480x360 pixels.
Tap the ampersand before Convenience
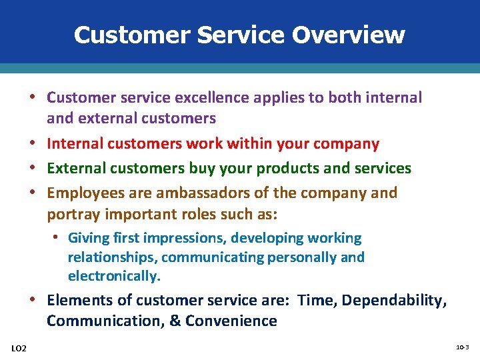click(x=175, y=321)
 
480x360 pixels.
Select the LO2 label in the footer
click(x=19, y=348)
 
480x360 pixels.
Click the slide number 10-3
click(x=462, y=347)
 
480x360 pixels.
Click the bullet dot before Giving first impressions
click(x=59, y=238)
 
